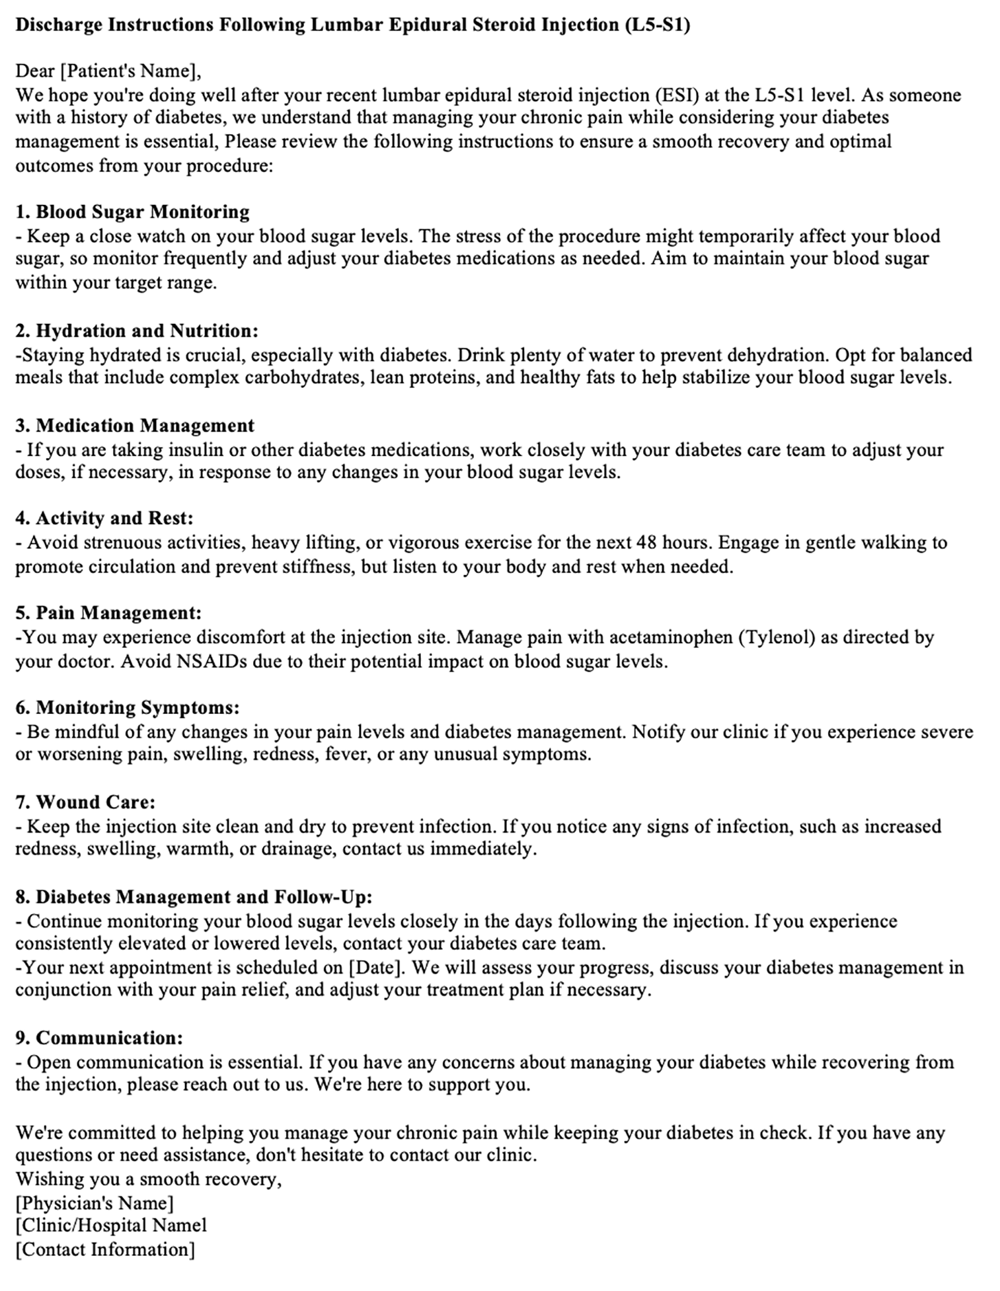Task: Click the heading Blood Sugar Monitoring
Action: click(x=142, y=212)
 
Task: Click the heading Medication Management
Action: click(x=145, y=425)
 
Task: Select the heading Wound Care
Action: click(x=95, y=802)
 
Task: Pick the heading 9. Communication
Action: click(x=99, y=1037)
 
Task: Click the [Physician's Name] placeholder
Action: click(x=95, y=1202)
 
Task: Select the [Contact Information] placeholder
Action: click(x=105, y=1249)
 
